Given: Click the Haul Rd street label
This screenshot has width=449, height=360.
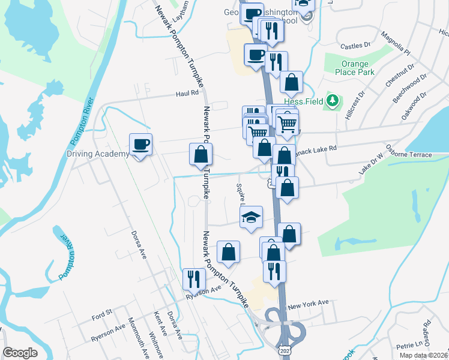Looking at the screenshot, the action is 187,94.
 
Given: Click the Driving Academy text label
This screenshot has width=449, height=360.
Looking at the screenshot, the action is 98,154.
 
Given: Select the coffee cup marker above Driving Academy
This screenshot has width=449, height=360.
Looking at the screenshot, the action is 140,145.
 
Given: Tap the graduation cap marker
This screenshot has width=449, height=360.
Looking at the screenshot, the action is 251,217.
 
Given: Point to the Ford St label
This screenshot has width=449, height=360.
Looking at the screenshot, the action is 102,314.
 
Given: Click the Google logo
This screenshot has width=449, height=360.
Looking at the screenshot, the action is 20,353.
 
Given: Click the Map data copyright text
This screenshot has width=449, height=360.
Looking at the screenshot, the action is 423,355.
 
